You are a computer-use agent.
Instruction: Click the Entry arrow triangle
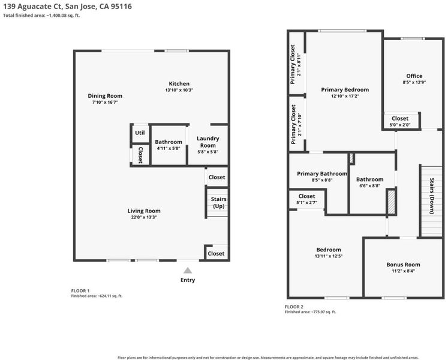(188, 270)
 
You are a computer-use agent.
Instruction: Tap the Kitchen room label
(179, 83)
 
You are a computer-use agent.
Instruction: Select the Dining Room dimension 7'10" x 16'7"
(105, 102)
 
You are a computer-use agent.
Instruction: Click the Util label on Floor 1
(140, 133)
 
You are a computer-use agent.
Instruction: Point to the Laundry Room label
(208, 142)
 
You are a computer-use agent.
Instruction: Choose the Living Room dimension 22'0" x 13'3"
(144, 217)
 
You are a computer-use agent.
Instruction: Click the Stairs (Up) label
(218, 202)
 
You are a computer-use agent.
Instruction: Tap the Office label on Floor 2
(414, 76)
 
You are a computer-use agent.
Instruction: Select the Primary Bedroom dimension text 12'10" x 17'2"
(345, 96)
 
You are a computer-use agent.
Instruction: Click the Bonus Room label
(403, 265)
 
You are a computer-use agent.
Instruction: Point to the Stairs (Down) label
(432, 196)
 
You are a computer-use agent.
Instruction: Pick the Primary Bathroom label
(322, 173)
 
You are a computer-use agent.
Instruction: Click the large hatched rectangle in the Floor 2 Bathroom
(391, 202)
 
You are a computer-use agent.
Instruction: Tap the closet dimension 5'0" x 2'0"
(400, 125)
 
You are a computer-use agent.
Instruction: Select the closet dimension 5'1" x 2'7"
(306, 202)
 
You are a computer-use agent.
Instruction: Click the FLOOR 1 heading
(80, 290)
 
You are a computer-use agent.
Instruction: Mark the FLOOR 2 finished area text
(310, 311)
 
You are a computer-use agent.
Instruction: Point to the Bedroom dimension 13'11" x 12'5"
(329, 256)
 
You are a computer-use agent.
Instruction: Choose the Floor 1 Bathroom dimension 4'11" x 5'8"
(169, 148)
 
